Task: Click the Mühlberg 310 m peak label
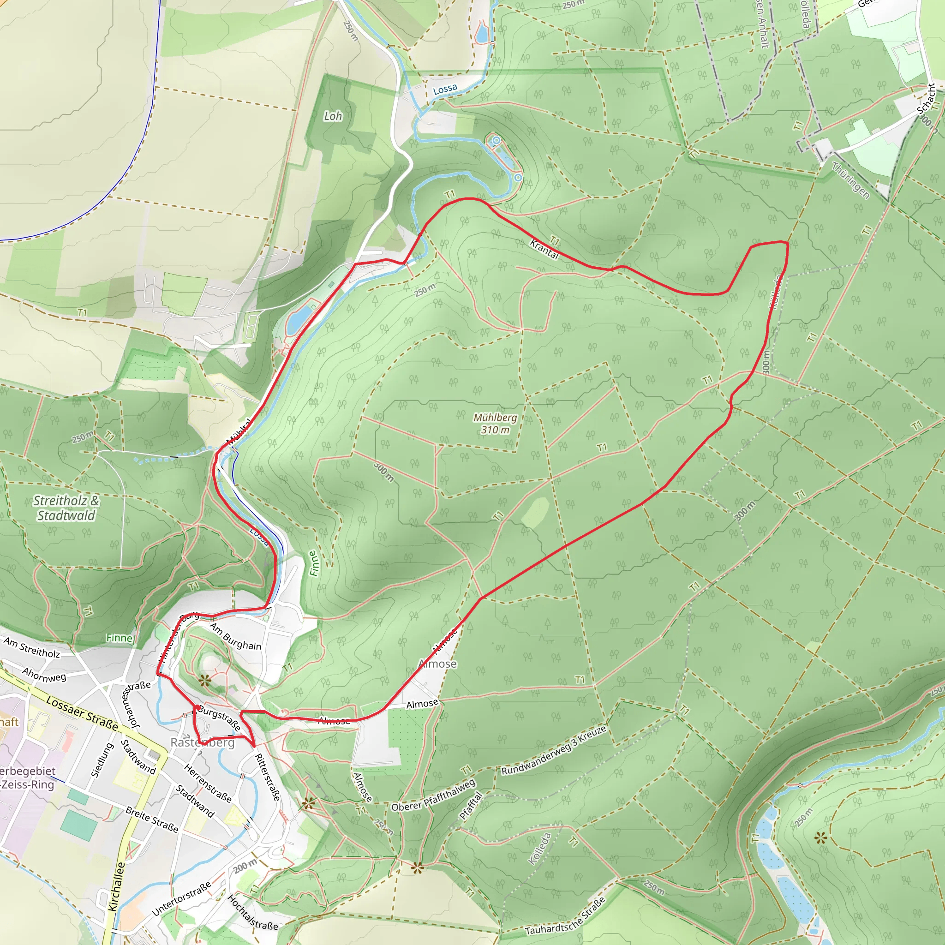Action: pos(495,424)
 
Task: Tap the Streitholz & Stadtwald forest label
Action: pos(66,508)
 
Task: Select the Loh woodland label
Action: pos(333,116)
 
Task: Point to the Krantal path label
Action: pos(544,250)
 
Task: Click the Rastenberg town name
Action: pos(203,742)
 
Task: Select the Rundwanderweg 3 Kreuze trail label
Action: pos(554,750)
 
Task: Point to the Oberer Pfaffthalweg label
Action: pos(433,795)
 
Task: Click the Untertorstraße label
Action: pos(181,898)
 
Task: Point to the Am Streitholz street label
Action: pos(32,647)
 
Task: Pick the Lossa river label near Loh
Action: pos(445,89)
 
